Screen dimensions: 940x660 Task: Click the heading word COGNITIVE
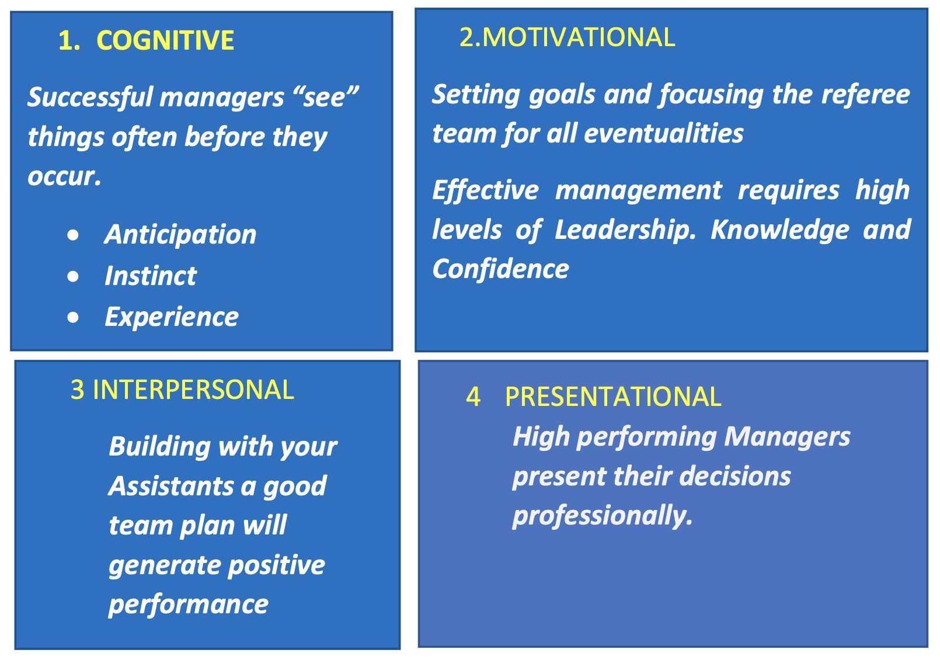point(165,40)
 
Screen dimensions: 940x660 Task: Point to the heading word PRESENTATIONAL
point(613,396)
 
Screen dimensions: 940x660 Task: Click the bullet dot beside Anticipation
point(73,235)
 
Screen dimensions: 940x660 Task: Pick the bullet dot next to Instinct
point(73,276)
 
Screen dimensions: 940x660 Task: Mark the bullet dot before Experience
point(73,317)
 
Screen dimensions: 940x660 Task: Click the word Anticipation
point(180,235)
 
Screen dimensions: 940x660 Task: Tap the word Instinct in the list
point(151,276)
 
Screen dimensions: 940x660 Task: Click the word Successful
point(90,97)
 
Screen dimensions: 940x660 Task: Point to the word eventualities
point(663,134)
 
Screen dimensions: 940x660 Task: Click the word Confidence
point(500,269)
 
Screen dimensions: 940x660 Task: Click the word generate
point(165,565)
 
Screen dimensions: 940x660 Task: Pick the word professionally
point(602,516)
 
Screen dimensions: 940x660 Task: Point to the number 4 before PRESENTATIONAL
point(473,397)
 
